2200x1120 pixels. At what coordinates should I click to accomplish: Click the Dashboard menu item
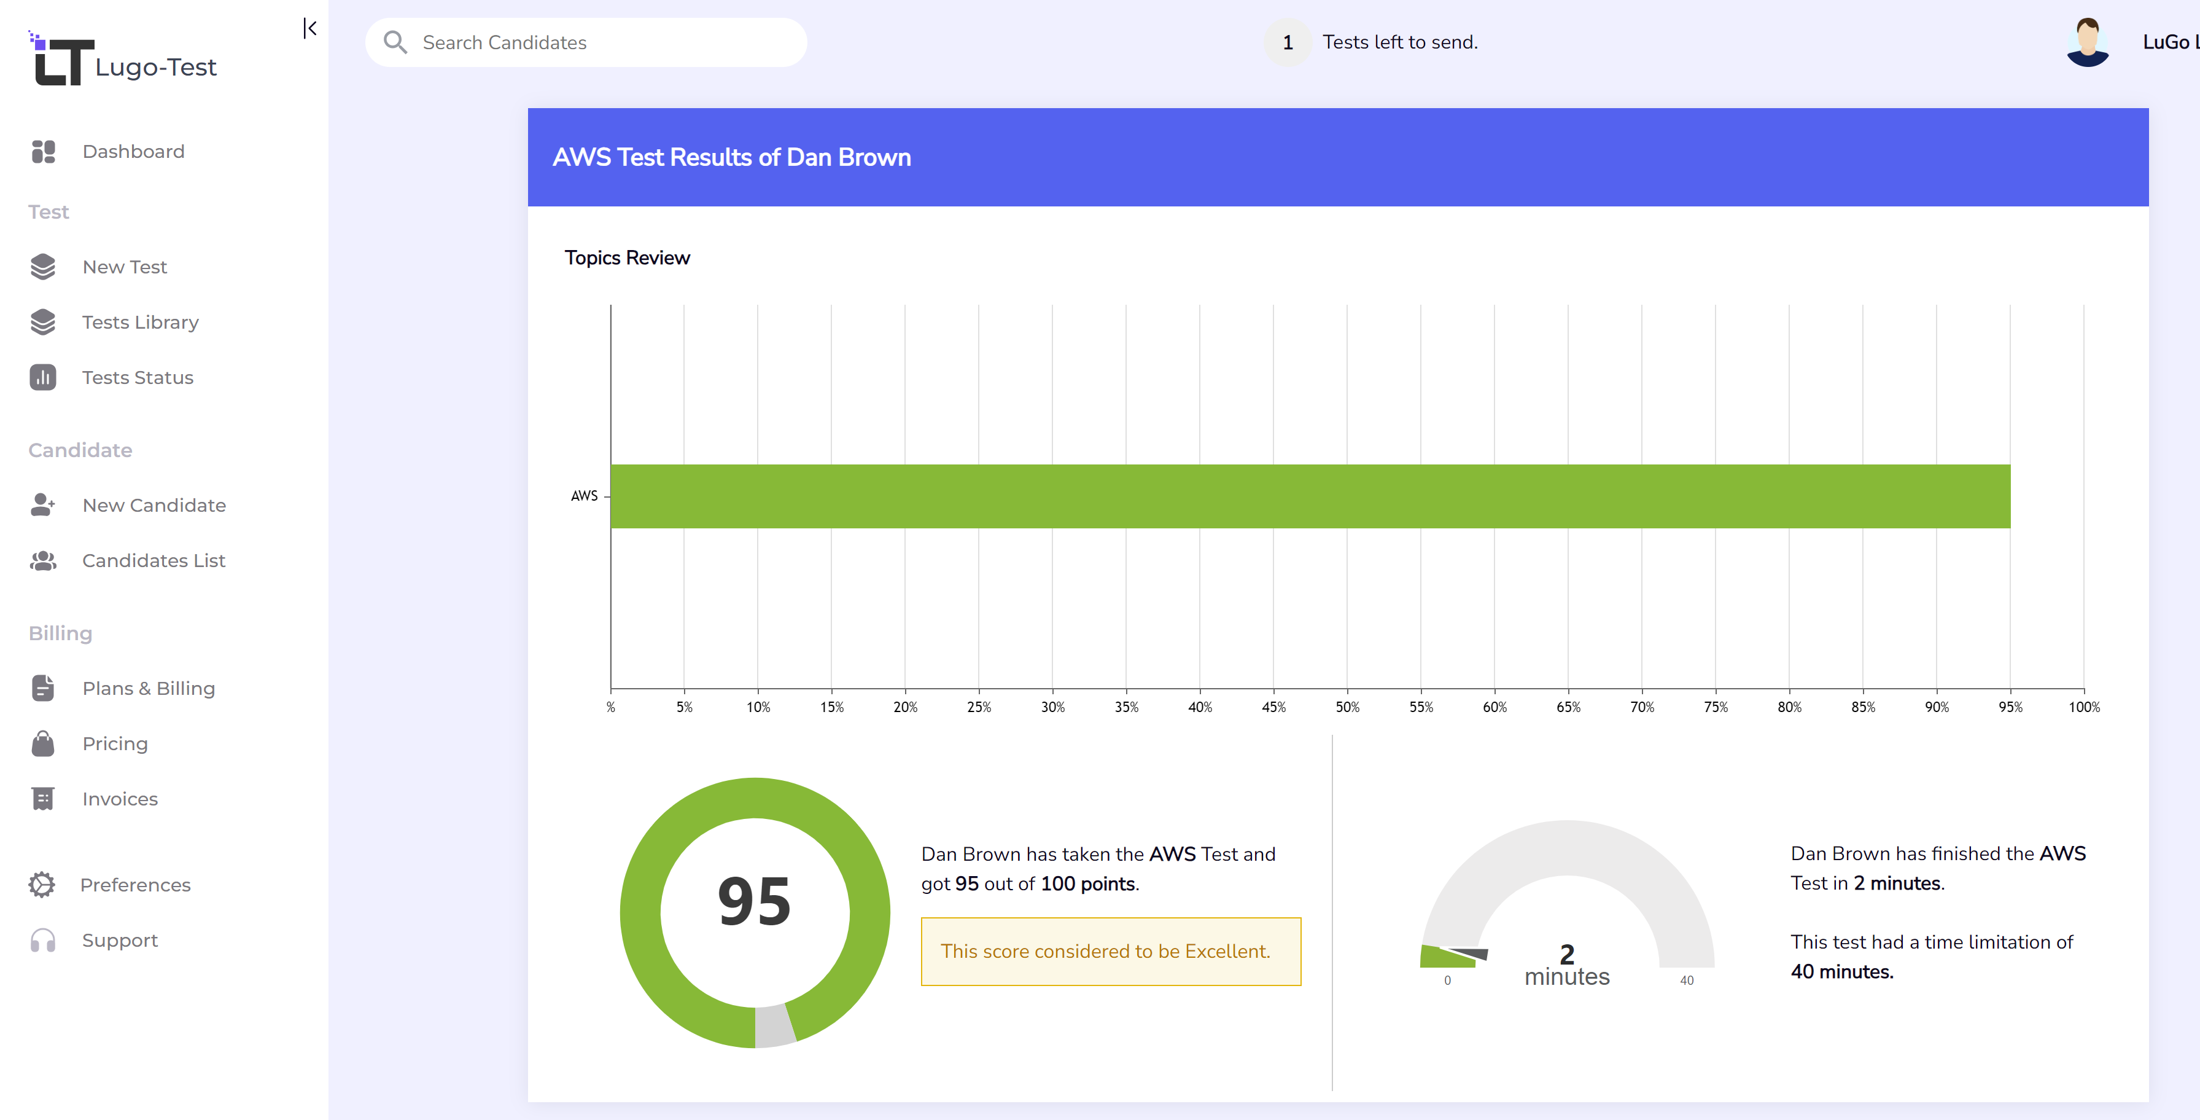133,151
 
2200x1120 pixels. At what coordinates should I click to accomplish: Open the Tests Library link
140,322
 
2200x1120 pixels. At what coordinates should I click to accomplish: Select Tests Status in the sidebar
138,378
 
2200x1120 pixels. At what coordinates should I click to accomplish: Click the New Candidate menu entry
154,505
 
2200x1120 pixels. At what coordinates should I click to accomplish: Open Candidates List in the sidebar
153,560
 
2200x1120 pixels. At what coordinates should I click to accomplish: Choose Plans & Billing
148,689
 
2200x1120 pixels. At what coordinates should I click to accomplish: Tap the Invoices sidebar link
120,799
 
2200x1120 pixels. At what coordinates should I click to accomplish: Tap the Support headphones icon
43,941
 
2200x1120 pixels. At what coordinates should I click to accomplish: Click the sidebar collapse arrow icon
310,29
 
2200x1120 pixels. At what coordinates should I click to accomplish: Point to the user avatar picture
2087,43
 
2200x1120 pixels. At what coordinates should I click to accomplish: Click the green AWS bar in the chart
1309,496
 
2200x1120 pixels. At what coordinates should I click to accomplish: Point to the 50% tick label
1347,707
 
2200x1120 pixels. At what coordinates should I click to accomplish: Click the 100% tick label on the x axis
2083,707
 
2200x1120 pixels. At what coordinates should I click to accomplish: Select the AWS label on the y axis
584,496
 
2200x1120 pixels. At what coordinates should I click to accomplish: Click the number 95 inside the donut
754,902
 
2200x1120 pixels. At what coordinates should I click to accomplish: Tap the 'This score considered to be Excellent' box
1110,952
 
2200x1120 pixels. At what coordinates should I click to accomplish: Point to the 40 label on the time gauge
1686,981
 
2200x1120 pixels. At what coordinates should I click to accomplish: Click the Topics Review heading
627,258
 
